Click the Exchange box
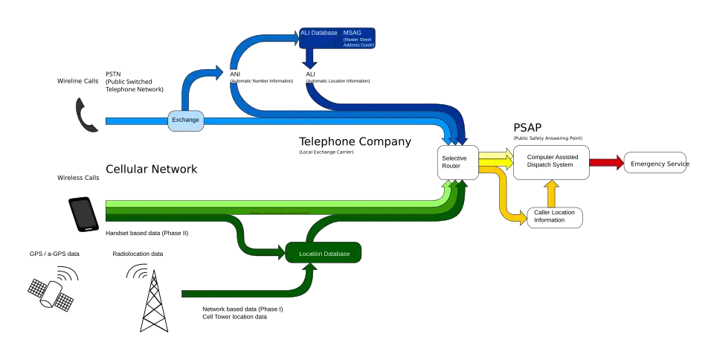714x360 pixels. [185, 120]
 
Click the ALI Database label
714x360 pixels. [318, 33]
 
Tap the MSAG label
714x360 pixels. [350, 33]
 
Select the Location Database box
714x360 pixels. [324, 254]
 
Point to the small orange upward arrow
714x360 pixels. [551, 193]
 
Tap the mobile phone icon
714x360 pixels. [83, 214]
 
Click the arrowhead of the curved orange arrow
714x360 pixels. [524, 218]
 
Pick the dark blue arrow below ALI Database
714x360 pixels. [309, 60]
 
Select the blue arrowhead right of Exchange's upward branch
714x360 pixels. [217, 71]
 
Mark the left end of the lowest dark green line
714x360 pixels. [184, 294]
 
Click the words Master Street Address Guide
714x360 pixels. [358, 42]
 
